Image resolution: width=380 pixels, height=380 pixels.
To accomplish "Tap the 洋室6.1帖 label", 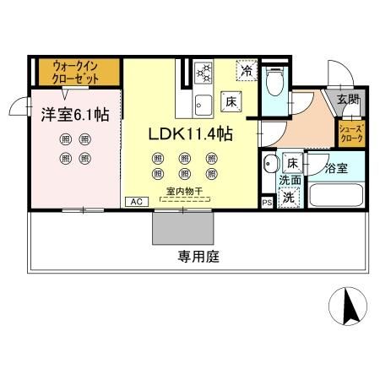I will pyautogui.click(x=72, y=116).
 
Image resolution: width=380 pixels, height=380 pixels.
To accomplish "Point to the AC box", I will pyautogui.click(x=134, y=202).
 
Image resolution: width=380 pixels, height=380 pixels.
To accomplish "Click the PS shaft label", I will pyautogui.click(x=267, y=202).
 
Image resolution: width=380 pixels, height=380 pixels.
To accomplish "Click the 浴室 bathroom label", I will pyautogui.click(x=337, y=167).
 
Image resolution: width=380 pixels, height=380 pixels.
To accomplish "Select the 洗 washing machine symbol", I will pyautogui.click(x=289, y=198).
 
